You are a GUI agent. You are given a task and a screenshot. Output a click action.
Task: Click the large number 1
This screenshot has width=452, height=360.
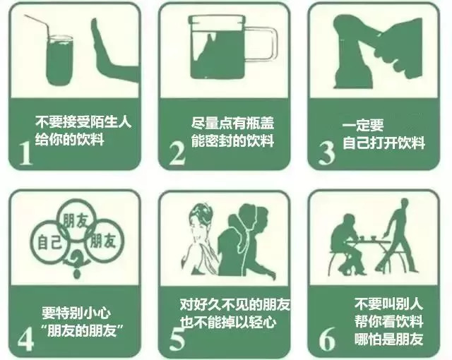coord(26,152)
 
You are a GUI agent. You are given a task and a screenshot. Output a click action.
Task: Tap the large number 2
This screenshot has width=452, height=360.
coord(177,152)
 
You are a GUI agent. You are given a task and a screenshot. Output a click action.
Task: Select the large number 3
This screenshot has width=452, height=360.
coord(326,152)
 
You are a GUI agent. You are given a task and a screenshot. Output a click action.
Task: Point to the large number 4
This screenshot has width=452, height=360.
coord(26,338)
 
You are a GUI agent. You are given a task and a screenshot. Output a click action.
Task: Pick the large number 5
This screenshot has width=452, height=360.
coord(177,339)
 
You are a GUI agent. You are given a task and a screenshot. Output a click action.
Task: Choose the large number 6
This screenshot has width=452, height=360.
coord(326,338)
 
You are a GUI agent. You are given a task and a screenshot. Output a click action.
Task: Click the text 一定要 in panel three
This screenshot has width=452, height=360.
coord(362,125)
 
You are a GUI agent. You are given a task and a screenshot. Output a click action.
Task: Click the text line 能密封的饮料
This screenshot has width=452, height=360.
coord(232,140)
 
